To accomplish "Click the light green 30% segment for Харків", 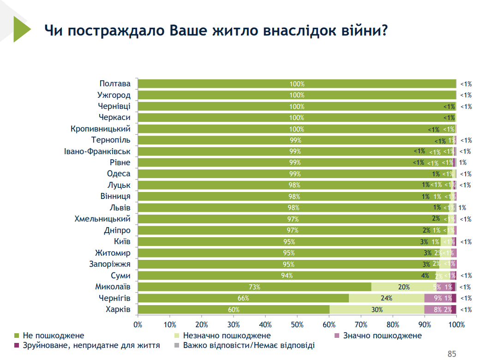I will pyautogui.click(x=377, y=309).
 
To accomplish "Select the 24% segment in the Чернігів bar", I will pyautogui.click(x=386, y=298).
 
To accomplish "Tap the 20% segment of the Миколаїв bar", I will pyautogui.click(x=404, y=287).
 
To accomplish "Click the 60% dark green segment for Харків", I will pyautogui.click(x=234, y=309).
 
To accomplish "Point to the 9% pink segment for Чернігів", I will pyautogui.click(x=437, y=298).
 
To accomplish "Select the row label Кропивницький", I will pyautogui.click(x=101, y=129).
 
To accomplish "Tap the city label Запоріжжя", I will pyautogui.click(x=110, y=264).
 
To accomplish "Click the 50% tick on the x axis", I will pyautogui.click(x=297, y=324).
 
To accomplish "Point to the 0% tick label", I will pyautogui.click(x=138, y=324).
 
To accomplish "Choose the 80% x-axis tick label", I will pyautogui.click(x=393, y=324).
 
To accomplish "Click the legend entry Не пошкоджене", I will pyautogui.click(x=53, y=336).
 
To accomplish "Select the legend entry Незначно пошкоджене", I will pyautogui.click(x=227, y=336).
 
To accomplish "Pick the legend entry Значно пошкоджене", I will pyautogui.click(x=382, y=336).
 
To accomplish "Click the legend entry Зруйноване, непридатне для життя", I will pyautogui.click(x=90, y=345).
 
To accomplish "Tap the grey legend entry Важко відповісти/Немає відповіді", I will pyautogui.click(x=249, y=345).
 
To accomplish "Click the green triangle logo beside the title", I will pyautogui.click(x=21, y=29).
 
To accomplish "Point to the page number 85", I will pyautogui.click(x=452, y=354).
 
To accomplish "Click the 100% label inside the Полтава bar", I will pyautogui.click(x=297, y=84).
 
